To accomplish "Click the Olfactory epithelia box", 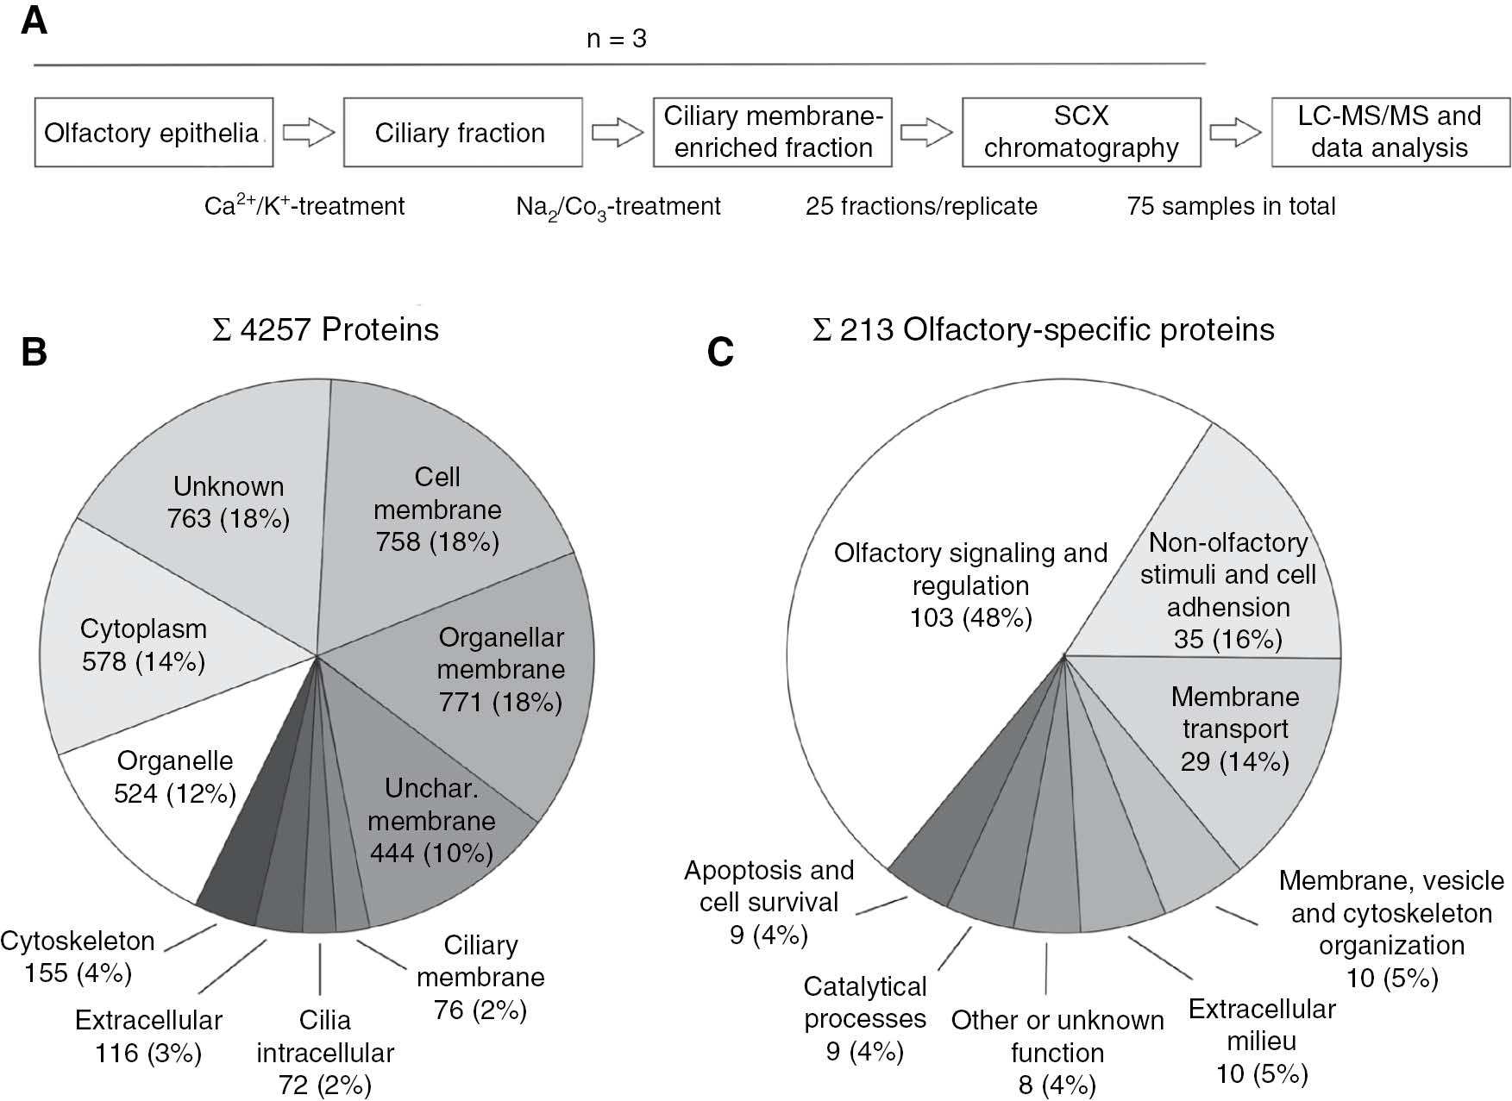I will coord(154,133).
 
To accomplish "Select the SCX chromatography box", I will coord(1081,132).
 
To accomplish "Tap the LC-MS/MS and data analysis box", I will coord(1390,132).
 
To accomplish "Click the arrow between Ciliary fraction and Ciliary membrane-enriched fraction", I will coord(618,134).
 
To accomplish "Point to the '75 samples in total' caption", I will coord(1231,207).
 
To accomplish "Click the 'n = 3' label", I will coord(616,40).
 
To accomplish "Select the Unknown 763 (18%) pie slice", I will coord(229,503).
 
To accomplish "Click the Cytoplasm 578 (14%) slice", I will coord(144,645).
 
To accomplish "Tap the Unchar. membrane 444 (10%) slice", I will coord(431,820).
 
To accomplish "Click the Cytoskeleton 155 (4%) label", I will coord(78,957).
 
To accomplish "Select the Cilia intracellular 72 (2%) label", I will coord(325,1052).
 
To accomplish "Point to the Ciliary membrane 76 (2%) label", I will coord(480,977).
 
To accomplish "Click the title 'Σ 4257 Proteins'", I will coord(325,330).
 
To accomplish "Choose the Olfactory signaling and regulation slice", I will coord(970,585).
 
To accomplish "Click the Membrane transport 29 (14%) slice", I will coord(1235,729).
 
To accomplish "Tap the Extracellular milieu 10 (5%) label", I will coord(1262,1041).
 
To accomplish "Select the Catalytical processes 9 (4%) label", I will coord(865,1018).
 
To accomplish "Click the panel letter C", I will coord(720,352).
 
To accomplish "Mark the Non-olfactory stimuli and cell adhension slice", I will coord(1227,591).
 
